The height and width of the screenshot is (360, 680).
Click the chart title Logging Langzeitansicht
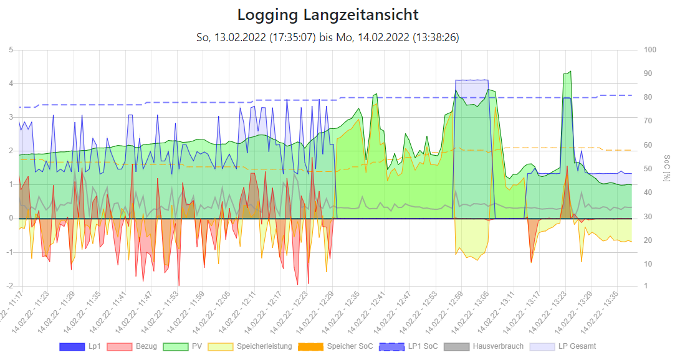328,14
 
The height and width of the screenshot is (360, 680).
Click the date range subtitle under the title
328,37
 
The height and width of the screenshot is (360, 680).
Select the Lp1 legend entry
81,346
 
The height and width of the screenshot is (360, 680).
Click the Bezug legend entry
132,346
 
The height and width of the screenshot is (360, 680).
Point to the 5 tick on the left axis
11,50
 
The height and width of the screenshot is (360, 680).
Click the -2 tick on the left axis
10,286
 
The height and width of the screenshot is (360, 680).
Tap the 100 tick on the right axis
650,50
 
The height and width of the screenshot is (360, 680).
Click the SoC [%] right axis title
666,168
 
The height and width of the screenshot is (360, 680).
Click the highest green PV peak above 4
568,72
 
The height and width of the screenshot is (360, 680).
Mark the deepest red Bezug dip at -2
179,285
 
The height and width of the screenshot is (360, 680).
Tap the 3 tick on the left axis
11,117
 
